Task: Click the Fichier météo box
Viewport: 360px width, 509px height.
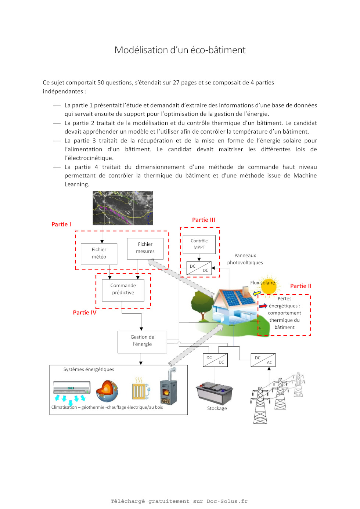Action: [99, 254]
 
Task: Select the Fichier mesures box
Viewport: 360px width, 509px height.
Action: [145, 249]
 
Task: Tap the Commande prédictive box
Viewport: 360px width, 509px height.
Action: [123, 290]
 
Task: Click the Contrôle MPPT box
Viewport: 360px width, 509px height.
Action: [199, 244]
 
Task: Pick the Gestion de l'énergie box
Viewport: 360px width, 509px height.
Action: [142, 342]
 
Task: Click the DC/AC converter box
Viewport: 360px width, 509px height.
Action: [263, 360]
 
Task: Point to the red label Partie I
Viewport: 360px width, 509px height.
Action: [61, 224]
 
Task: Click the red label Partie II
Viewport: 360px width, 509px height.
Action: [300, 286]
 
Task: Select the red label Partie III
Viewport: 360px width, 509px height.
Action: [204, 220]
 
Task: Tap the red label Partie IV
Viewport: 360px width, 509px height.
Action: [84, 313]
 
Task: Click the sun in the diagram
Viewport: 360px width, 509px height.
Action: [269, 286]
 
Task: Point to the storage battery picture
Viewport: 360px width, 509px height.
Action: [214, 393]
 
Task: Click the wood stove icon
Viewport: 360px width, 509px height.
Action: [168, 386]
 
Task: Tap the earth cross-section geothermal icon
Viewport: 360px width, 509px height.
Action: [107, 391]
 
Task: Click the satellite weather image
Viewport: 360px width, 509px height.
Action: [123, 208]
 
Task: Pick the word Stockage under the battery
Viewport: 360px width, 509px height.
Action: [217, 408]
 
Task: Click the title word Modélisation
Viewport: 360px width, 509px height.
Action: [141, 50]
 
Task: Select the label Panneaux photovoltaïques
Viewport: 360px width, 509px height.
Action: [245, 259]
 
